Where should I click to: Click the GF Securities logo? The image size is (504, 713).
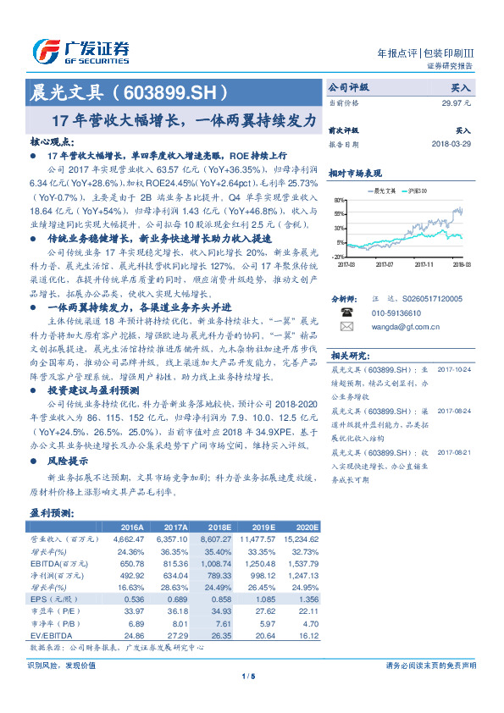coord(81,52)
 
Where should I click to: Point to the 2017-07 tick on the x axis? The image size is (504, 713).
coord(385,265)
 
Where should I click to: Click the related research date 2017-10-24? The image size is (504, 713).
coord(456,370)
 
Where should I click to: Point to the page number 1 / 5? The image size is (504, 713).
coord(252,676)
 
